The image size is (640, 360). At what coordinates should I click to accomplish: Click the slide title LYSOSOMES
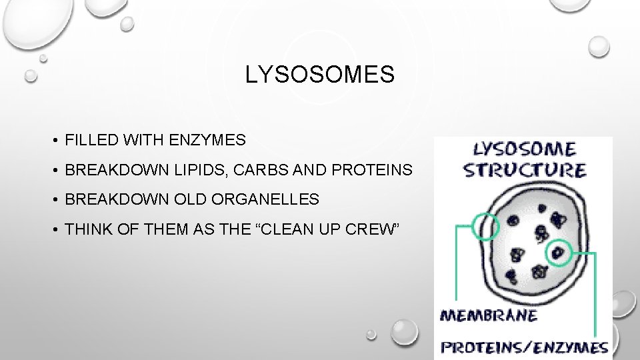click(x=320, y=75)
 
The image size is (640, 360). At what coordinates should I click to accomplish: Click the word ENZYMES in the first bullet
click(x=207, y=141)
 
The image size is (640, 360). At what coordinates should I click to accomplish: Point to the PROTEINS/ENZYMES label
click(x=525, y=347)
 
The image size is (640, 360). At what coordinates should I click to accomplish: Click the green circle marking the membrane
click(x=484, y=226)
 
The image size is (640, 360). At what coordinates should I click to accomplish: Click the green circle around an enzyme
click(x=559, y=252)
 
